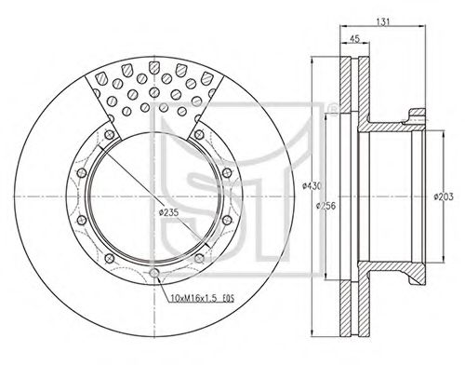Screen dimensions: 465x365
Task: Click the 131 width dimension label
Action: [383, 22]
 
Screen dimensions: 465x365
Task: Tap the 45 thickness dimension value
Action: [354, 39]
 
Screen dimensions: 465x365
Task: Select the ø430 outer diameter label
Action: [312, 186]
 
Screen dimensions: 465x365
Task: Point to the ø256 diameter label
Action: [325, 206]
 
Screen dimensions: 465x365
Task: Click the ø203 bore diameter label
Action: [444, 196]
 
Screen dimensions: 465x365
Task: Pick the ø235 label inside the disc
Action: [168, 212]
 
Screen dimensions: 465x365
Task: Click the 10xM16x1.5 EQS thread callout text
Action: [203, 298]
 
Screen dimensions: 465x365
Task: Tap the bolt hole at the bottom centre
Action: [154, 273]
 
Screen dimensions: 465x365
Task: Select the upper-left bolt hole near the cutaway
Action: [109, 134]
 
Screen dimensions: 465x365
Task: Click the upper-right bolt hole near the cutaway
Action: [199, 134]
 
